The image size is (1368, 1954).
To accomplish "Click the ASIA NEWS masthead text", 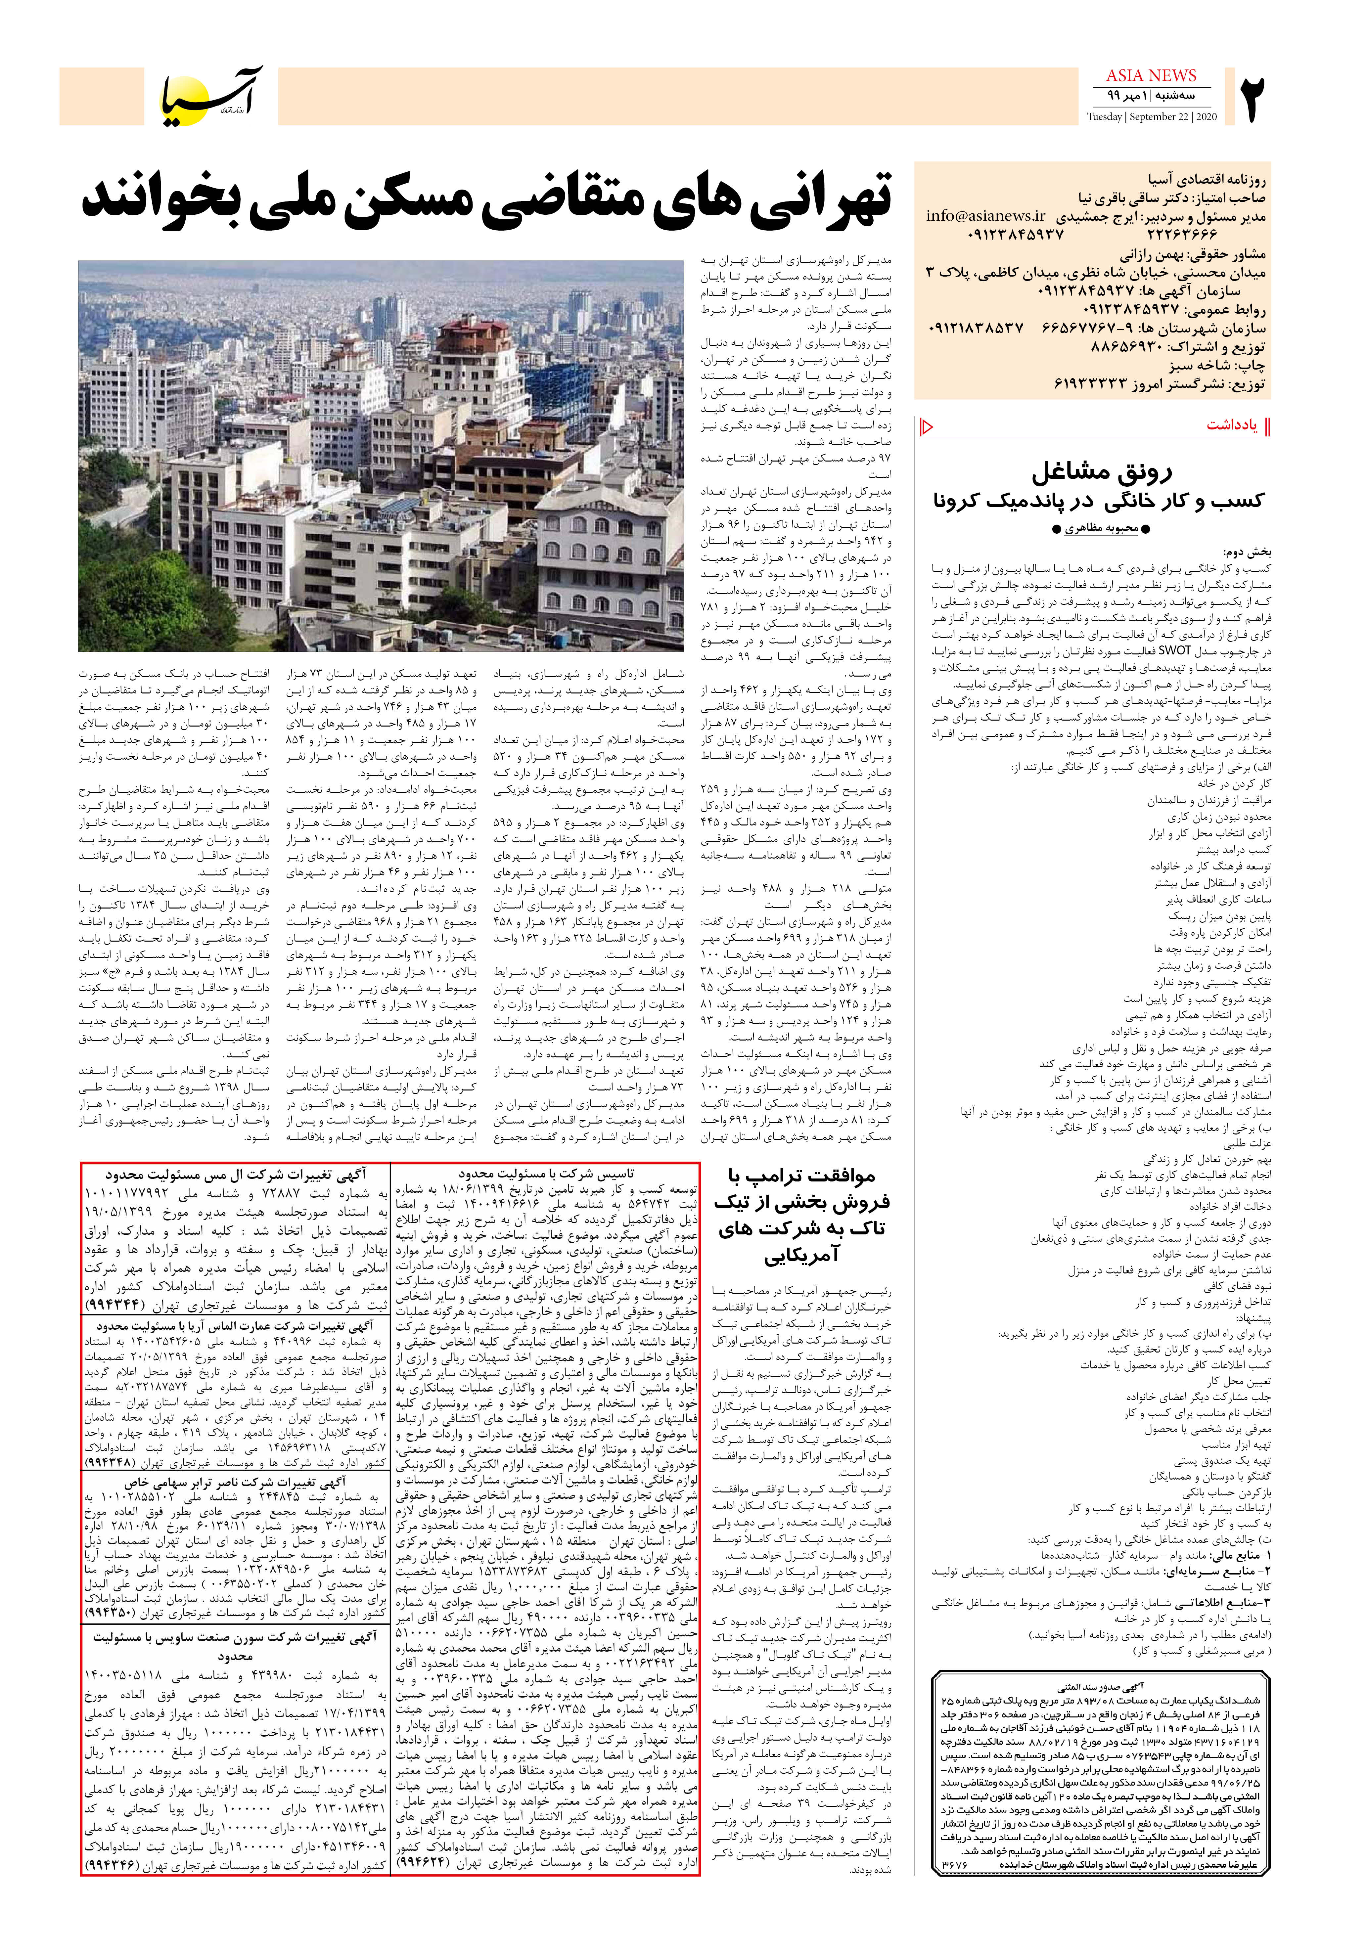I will point(1151,76).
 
